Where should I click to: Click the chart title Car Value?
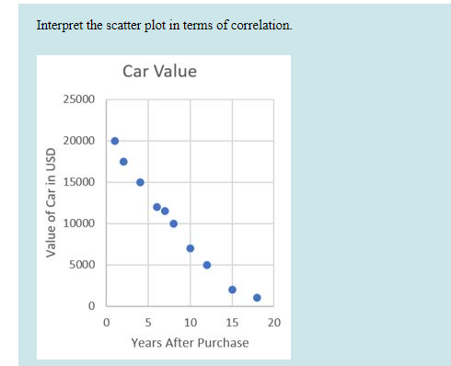tap(158, 72)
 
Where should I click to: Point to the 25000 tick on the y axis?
tap(77, 99)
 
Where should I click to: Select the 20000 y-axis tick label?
tap(77, 141)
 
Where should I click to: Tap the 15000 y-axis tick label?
tap(77, 182)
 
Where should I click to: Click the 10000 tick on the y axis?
tap(77, 223)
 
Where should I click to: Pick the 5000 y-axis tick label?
tap(80, 265)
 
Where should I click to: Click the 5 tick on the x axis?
tap(148, 323)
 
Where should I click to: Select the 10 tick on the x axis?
tap(190, 323)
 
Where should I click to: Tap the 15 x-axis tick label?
tap(232, 323)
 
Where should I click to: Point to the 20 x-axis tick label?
tap(273, 323)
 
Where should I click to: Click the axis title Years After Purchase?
tap(190, 343)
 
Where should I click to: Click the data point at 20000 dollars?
tap(115, 141)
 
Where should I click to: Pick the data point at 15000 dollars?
tap(140, 182)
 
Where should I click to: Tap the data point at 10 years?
tap(191, 248)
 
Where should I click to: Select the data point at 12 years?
tap(207, 265)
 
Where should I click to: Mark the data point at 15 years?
tap(232, 290)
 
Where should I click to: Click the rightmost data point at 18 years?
tap(257, 298)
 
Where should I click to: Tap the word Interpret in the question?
tap(57, 25)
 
